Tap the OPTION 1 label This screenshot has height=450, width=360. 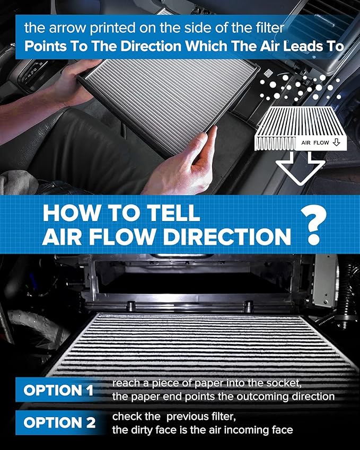pyautogui.click(x=58, y=391)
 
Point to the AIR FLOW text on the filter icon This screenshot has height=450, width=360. pyautogui.click(x=316, y=143)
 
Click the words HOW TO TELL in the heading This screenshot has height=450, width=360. pyautogui.click(x=121, y=213)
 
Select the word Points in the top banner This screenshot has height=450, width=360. pyautogui.click(x=43, y=46)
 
